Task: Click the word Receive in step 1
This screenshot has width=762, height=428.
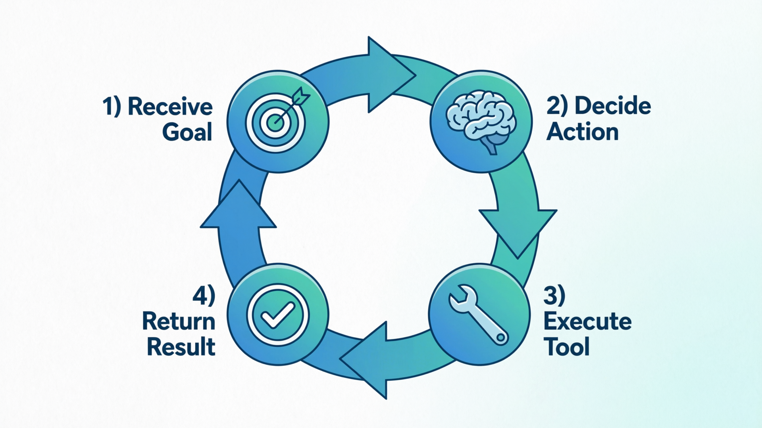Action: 170,107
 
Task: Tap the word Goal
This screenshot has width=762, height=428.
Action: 187,132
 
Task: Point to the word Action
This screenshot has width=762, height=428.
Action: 583,132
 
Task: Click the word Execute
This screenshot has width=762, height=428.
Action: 587,321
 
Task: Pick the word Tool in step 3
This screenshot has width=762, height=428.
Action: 566,347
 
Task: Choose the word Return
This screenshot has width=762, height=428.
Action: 179,321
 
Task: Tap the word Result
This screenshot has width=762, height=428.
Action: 181,347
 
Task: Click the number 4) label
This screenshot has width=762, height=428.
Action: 204,296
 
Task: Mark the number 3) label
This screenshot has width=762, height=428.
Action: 554,296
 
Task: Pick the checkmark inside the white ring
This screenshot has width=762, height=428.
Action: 278,315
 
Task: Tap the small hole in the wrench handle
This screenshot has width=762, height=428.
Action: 501,338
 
